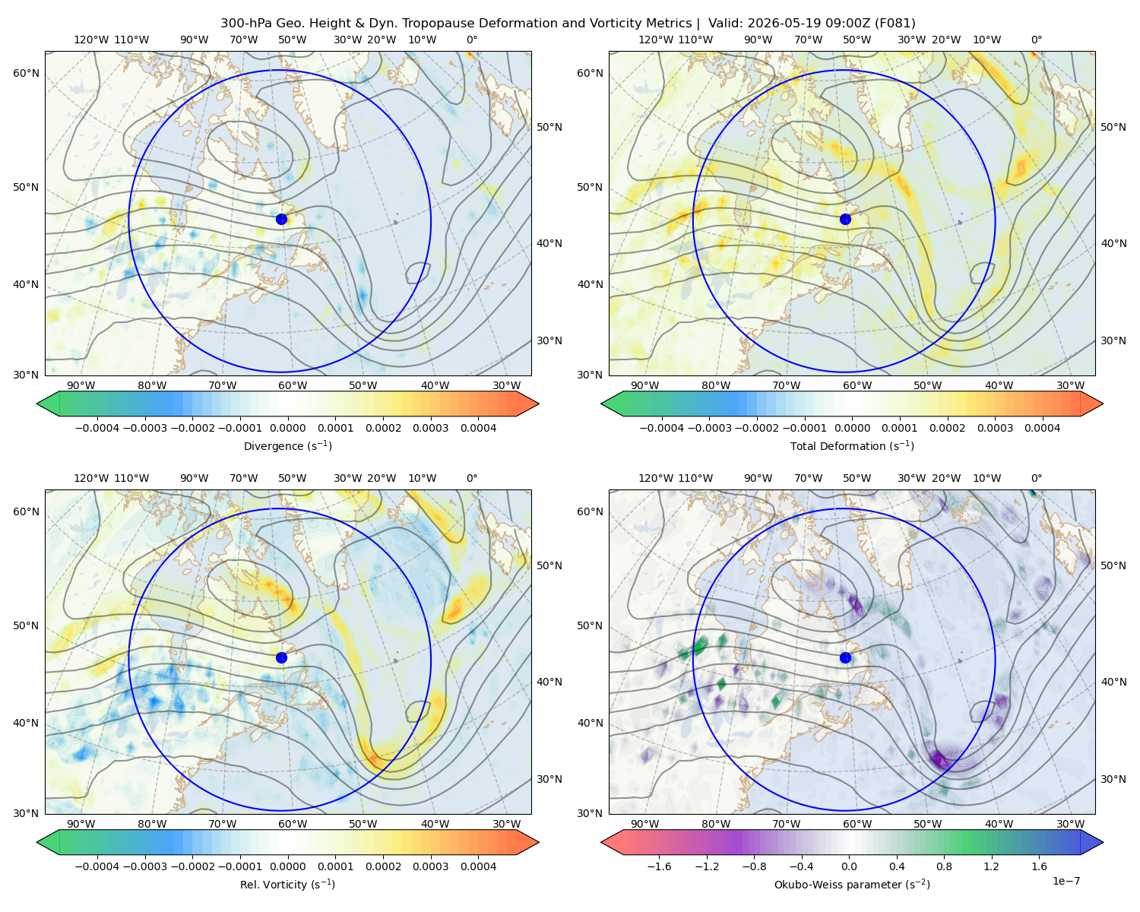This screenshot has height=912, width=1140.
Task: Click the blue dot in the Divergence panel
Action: [281, 219]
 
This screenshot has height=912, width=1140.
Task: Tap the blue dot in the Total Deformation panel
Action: [845, 219]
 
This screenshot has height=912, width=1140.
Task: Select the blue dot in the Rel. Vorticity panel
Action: [281, 657]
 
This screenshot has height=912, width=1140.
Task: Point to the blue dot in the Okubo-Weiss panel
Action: [845, 657]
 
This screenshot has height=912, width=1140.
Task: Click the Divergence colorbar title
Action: [287, 445]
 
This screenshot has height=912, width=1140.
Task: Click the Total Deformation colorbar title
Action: [852, 445]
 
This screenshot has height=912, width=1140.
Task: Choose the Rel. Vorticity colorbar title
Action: [287, 884]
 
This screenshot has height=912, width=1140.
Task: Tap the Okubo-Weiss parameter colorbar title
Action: [852, 884]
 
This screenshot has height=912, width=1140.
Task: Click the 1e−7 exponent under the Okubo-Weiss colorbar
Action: [1066, 881]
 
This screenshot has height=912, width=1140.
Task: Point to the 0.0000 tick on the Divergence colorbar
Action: [287, 428]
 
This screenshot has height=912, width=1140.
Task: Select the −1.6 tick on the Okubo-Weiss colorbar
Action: [659, 866]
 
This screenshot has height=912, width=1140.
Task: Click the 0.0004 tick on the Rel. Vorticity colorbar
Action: [478, 866]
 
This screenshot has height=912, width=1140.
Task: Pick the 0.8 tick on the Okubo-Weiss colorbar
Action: [944, 866]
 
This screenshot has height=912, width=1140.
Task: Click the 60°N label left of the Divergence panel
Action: [26, 73]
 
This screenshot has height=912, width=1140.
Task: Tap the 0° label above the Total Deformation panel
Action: [1036, 40]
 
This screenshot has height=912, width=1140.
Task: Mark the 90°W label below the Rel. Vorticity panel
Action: [81, 824]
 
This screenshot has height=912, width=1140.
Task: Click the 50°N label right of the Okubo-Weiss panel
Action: [1113, 565]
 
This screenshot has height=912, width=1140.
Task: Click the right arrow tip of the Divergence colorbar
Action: [539, 404]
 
